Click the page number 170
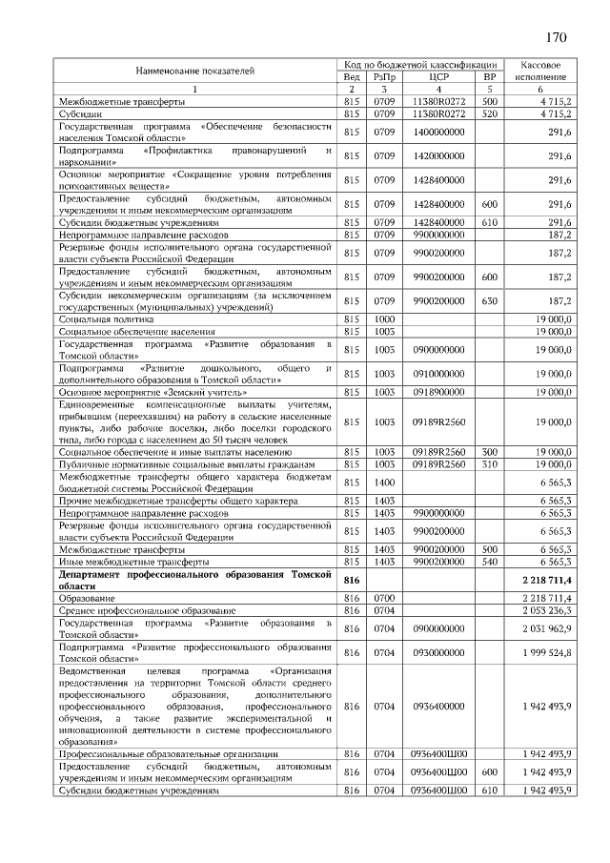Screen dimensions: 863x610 click(x=557, y=39)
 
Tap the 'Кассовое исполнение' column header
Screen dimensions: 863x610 click(x=540, y=71)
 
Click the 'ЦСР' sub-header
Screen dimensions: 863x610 click(x=438, y=76)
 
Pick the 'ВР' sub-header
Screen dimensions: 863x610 click(x=490, y=76)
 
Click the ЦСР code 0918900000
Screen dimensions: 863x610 click(x=438, y=391)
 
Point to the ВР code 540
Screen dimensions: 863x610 click(x=490, y=563)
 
